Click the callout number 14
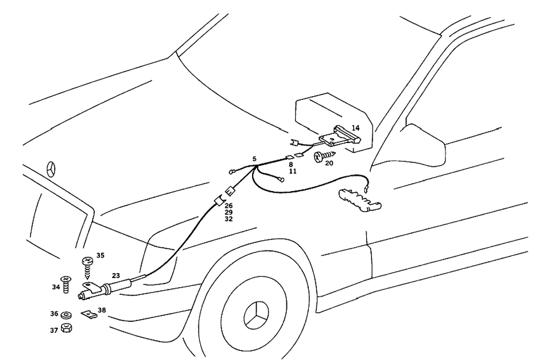pyautogui.click(x=355, y=128)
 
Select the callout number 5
pyautogui.click(x=254, y=159)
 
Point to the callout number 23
pyautogui.click(x=116, y=275)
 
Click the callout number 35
pyautogui.click(x=100, y=255)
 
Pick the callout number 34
pyautogui.click(x=56, y=287)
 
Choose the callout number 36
pyautogui.click(x=54, y=314)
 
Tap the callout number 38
pyautogui.click(x=102, y=311)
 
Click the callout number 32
pyautogui.click(x=229, y=219)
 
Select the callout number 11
pyautogui.click(x=293, y=171)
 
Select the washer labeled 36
pyautogui.click(x=67, y=314)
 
